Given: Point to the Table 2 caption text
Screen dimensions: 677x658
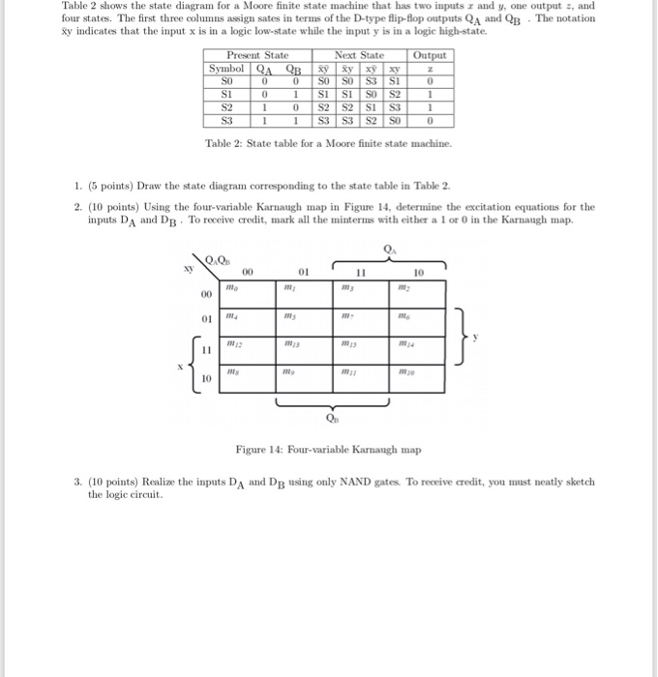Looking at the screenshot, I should [328, 143].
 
